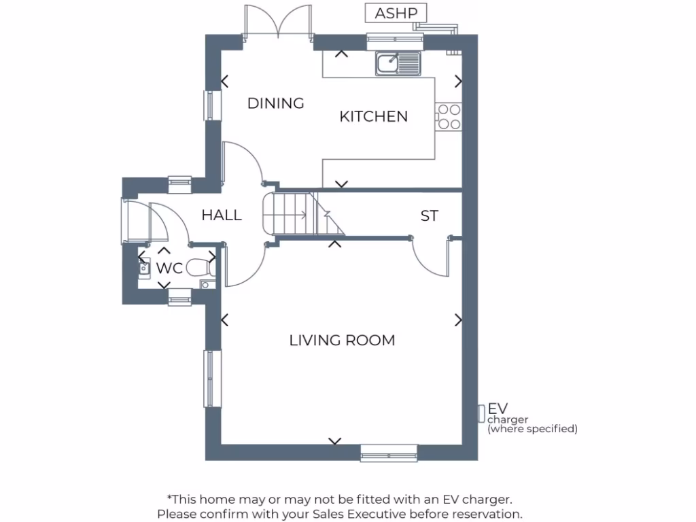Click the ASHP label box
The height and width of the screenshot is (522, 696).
pyautogui.click(x=396, y=13)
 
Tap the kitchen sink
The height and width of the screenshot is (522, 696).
pyautogui.click(x=398, y=63)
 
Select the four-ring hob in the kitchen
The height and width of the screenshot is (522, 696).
pyautogui.click(x=449, y=116)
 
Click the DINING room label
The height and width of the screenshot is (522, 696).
pyautogui.click(x=275, y=103)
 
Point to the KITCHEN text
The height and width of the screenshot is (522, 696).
pyautogui.click(x=373, y=116)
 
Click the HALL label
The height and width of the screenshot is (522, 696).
pyautogui.click(x=222, y=215)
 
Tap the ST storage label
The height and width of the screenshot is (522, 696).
pyautogui.click(x=429, y=216)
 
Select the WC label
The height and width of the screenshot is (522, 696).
pyautogui.click(x=169, y=268)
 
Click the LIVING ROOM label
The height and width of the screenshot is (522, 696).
pyautogui.click(x=342, y=340)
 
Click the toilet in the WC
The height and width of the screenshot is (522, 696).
pyautogui.click(x=199, y=268)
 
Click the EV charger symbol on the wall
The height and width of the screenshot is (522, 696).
pyautogui.click(x=481, y=412)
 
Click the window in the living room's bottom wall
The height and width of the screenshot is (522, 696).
pyautogui.click(x=389, y=453)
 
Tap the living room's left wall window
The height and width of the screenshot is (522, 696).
pyautogui.click(x=213, y=379)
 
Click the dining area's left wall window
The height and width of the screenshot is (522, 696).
pyautogui.click(x=213, y=105)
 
